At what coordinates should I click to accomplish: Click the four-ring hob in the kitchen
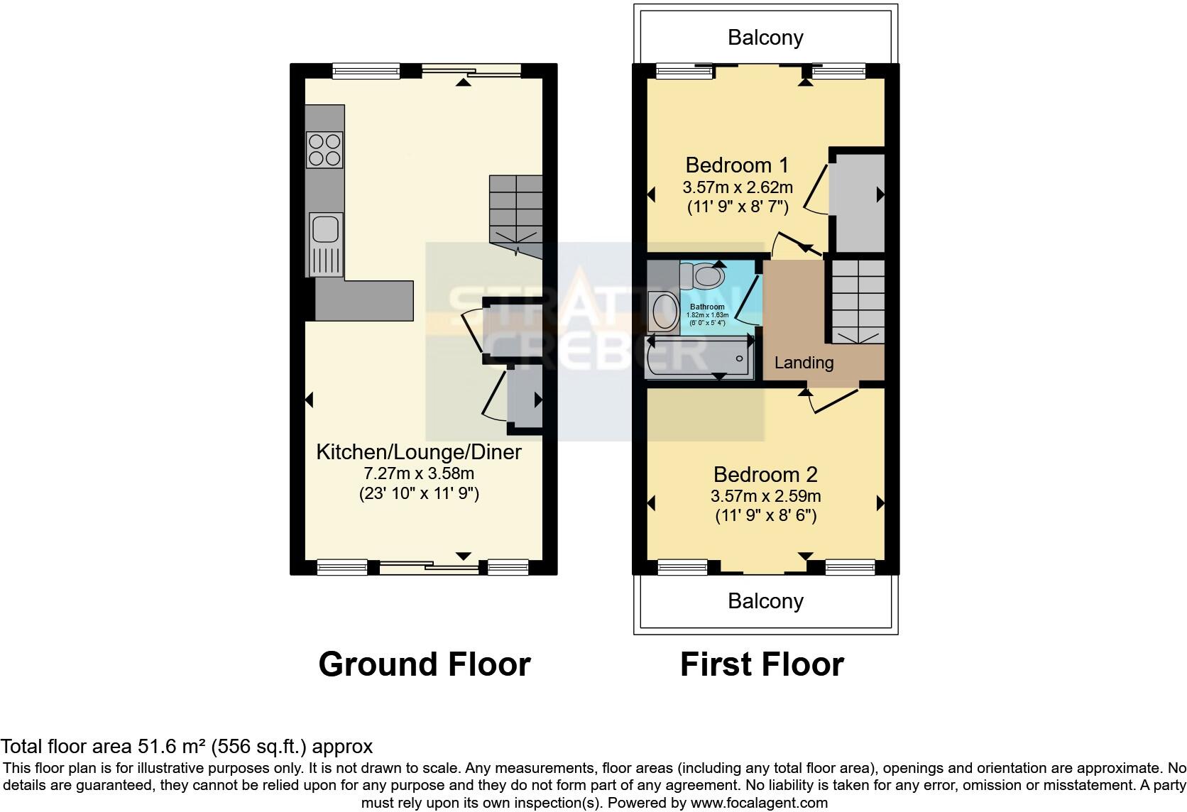(325, 149)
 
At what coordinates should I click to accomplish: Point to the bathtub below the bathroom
(698, 357)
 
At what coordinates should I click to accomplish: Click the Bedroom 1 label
(737, 165)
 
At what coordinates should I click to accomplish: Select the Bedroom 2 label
(765, 474)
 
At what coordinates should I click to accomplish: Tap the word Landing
(804, 363)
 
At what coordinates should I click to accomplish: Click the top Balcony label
(765, 38)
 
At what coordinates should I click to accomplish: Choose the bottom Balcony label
(765, 601)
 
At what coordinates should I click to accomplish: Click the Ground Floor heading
(425, 664)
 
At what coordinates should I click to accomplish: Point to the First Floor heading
(762, 664)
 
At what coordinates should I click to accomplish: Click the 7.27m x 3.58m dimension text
(418, 473)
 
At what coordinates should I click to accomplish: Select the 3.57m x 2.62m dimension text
(737, 188)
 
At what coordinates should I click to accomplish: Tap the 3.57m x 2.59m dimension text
(765, 496)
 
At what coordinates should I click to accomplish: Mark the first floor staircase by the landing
(858, 301)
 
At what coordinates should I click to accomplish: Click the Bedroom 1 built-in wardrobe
(857, 202)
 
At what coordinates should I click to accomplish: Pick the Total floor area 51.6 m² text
(186, 747)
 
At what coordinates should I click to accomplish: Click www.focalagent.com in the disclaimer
(759, 803)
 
